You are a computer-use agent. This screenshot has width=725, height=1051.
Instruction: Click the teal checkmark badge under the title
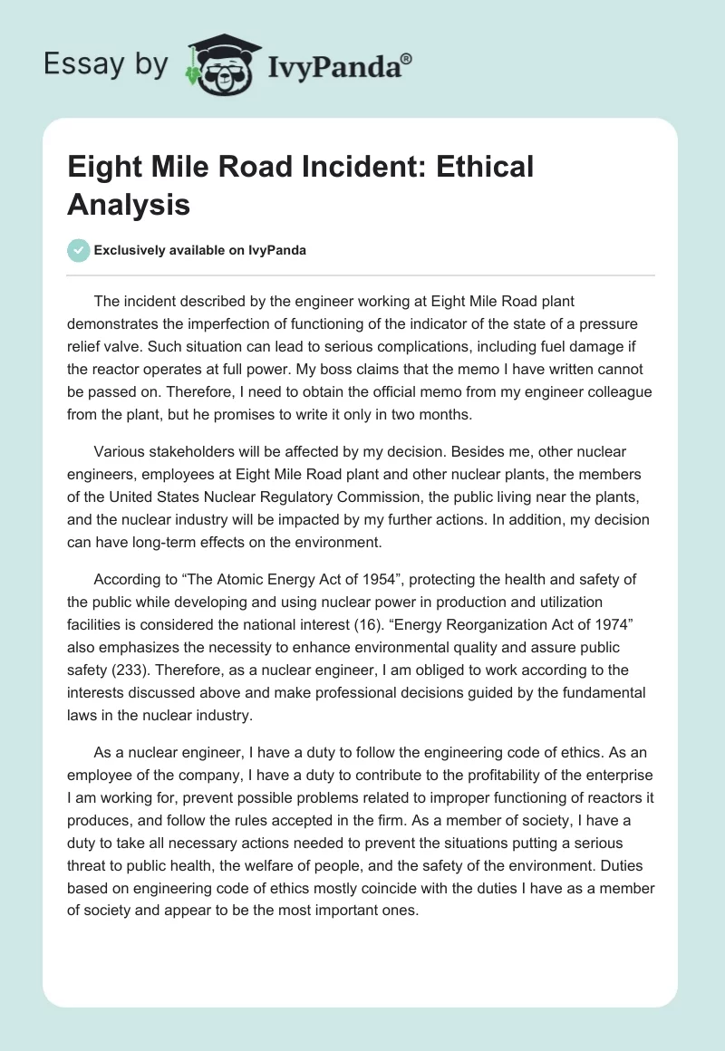click(x=79, y=250)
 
